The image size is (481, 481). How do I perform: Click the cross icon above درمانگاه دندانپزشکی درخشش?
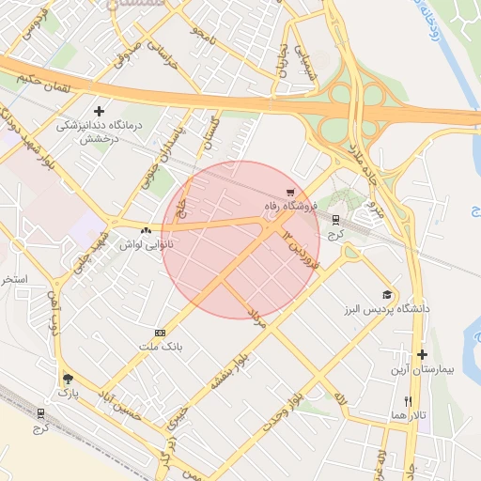coord(99,111)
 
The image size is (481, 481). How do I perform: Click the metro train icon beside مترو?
coord(335,219)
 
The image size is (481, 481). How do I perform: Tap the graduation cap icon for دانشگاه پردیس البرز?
coord(386,295)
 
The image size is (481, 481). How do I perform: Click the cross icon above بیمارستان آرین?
coord(423,355)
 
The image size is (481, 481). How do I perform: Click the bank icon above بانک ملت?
coord(160,333)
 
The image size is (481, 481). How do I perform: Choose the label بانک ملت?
coord(158,347)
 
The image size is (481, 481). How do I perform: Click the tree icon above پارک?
coord(68,379)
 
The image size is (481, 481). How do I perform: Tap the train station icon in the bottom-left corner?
coord(40,413)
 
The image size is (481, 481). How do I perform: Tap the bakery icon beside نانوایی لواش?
coord(146,230)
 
